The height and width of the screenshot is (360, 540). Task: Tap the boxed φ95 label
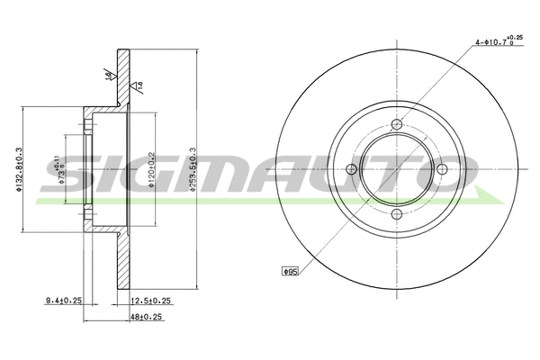[x=290, y=270]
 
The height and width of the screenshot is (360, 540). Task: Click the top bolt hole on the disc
[x=397, y=124]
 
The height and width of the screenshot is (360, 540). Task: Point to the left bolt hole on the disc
[x=352, y=168]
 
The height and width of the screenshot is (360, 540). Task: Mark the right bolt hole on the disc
[x=441, y=168]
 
